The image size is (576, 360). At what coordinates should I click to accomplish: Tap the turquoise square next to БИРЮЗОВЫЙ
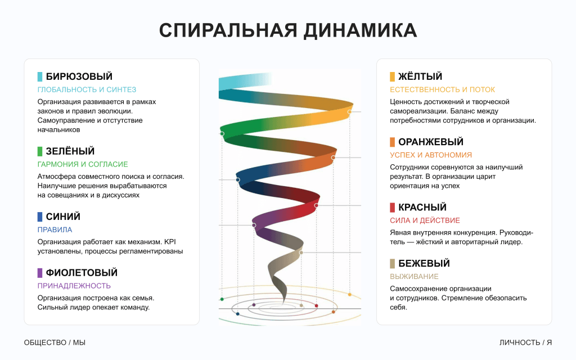40,76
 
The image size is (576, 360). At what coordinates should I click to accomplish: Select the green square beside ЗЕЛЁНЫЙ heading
40,151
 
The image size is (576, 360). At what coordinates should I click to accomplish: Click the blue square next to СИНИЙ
40,217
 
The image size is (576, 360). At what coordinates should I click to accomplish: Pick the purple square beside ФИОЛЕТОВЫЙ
40,273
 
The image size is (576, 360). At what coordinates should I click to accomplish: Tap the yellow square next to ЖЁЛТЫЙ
393,76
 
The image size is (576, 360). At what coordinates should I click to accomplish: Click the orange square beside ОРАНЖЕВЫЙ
393,142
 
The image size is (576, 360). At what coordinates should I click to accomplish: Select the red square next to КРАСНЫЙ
393,208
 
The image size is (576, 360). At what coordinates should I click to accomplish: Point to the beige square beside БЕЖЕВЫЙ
393,263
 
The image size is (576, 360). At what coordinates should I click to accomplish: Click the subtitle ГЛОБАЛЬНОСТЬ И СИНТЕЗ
87,89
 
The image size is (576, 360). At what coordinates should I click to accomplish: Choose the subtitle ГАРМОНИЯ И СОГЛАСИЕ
83,164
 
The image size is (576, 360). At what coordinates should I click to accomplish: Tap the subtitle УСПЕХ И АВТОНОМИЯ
431,155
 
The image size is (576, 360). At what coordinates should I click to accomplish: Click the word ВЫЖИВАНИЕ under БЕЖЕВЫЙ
414,276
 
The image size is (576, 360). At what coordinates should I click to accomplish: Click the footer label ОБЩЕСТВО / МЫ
55,343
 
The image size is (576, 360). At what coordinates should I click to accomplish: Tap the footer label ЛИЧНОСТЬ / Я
525,343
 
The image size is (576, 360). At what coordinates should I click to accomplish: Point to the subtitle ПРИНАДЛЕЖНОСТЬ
74,286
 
